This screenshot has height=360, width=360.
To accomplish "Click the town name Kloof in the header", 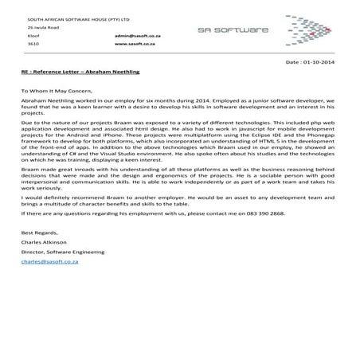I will tap(32, 36).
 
